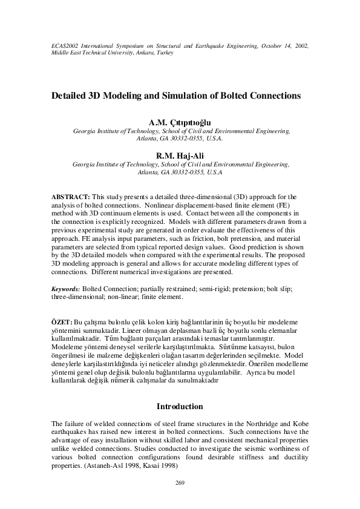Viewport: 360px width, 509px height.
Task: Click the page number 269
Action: [179, 482]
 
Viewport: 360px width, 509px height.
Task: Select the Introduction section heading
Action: [180, 406]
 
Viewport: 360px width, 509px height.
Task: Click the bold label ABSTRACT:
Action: [70, 197]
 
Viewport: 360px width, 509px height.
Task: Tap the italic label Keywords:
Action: [65, 290]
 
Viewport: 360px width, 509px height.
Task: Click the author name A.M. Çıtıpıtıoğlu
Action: [179, 122]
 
